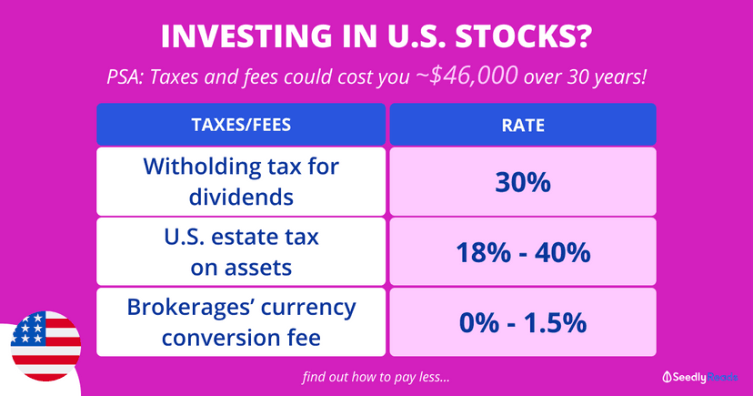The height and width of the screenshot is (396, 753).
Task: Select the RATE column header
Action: point(523,125)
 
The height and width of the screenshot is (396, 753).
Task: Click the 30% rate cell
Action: point(523,181)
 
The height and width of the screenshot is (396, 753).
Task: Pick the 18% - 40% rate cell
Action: point(523,251)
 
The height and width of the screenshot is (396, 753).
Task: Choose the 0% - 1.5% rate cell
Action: point(523,321)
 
